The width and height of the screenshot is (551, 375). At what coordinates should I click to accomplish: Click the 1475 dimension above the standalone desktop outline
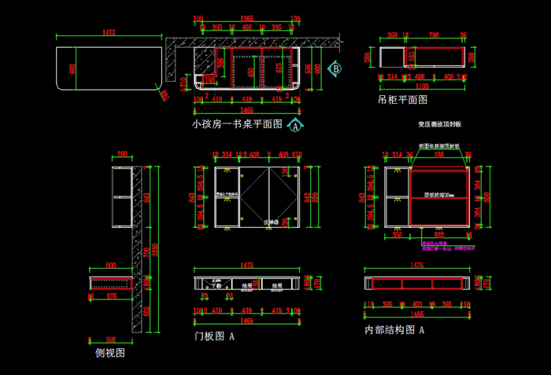[x=109, y=33]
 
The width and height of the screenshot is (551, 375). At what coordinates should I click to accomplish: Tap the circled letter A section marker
[x=295, y=125]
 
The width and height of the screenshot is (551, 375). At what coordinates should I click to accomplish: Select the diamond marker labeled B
[x=335, y=69]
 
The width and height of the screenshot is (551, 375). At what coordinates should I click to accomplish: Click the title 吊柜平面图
[x=402, y=100]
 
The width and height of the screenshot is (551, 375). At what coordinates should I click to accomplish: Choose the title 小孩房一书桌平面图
[x=237, y=124]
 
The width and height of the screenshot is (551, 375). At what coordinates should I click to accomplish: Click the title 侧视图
[x=110, y=353]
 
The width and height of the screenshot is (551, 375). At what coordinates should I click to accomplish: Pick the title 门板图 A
[x=215, y=336]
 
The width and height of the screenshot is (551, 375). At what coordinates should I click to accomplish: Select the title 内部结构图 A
[x=394, y=330]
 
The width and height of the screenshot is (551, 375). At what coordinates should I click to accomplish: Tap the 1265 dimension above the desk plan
[x=246, y=18]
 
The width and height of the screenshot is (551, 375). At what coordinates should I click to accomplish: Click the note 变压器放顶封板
[x=439, y=124]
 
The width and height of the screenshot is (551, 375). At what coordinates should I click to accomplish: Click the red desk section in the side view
[x=109, y=283]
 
